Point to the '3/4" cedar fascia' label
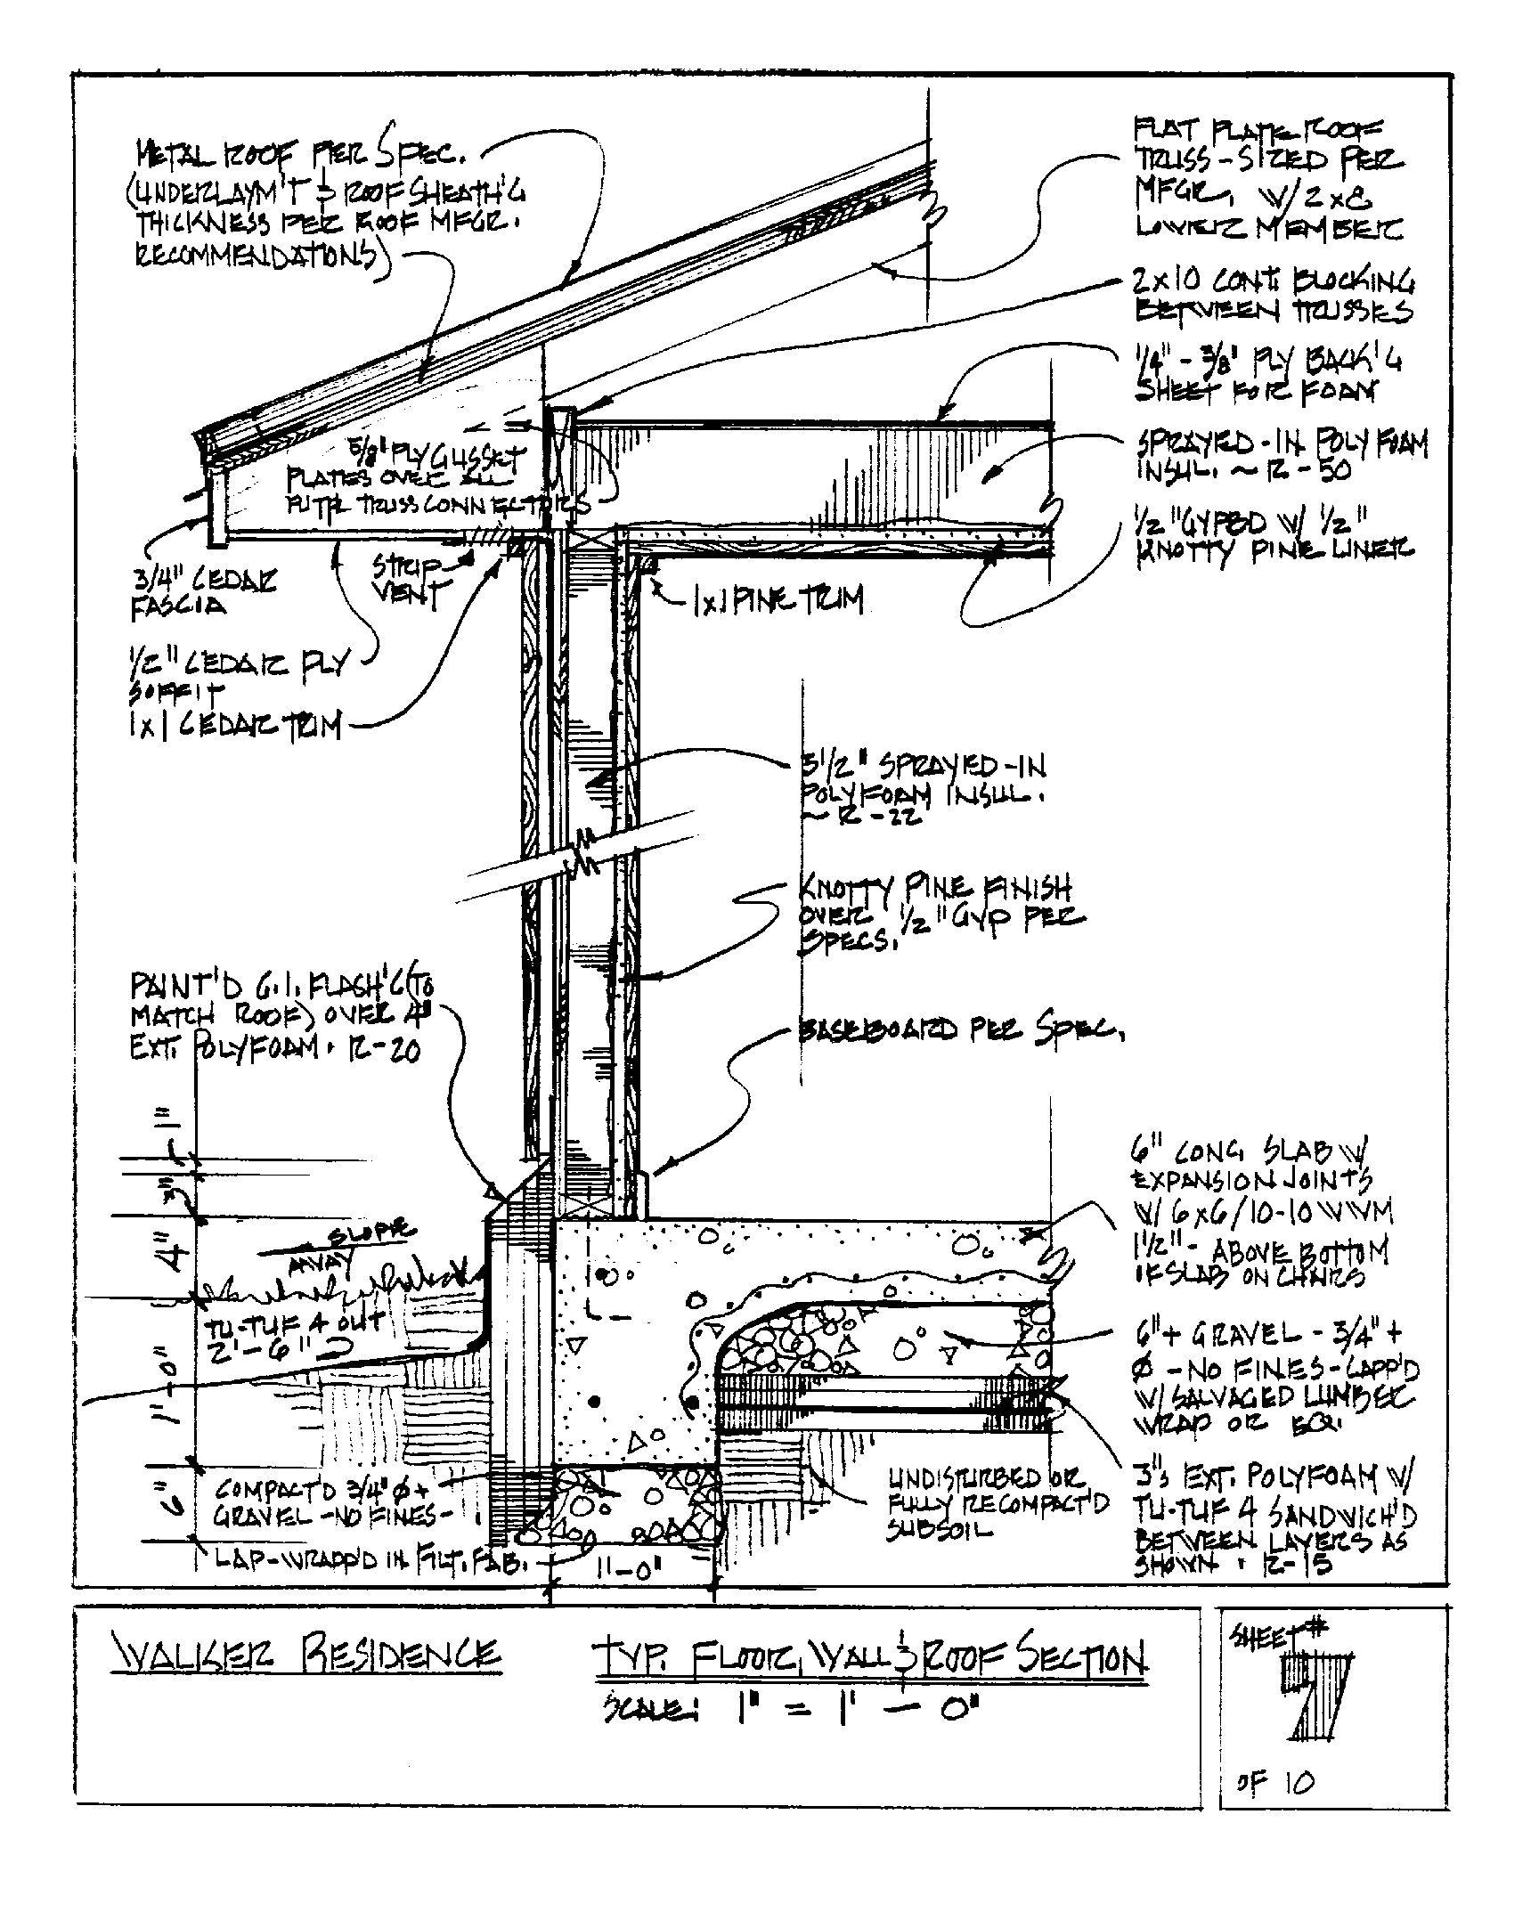tap(204, 592)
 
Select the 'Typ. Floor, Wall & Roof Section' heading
tap(868, 1658)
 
